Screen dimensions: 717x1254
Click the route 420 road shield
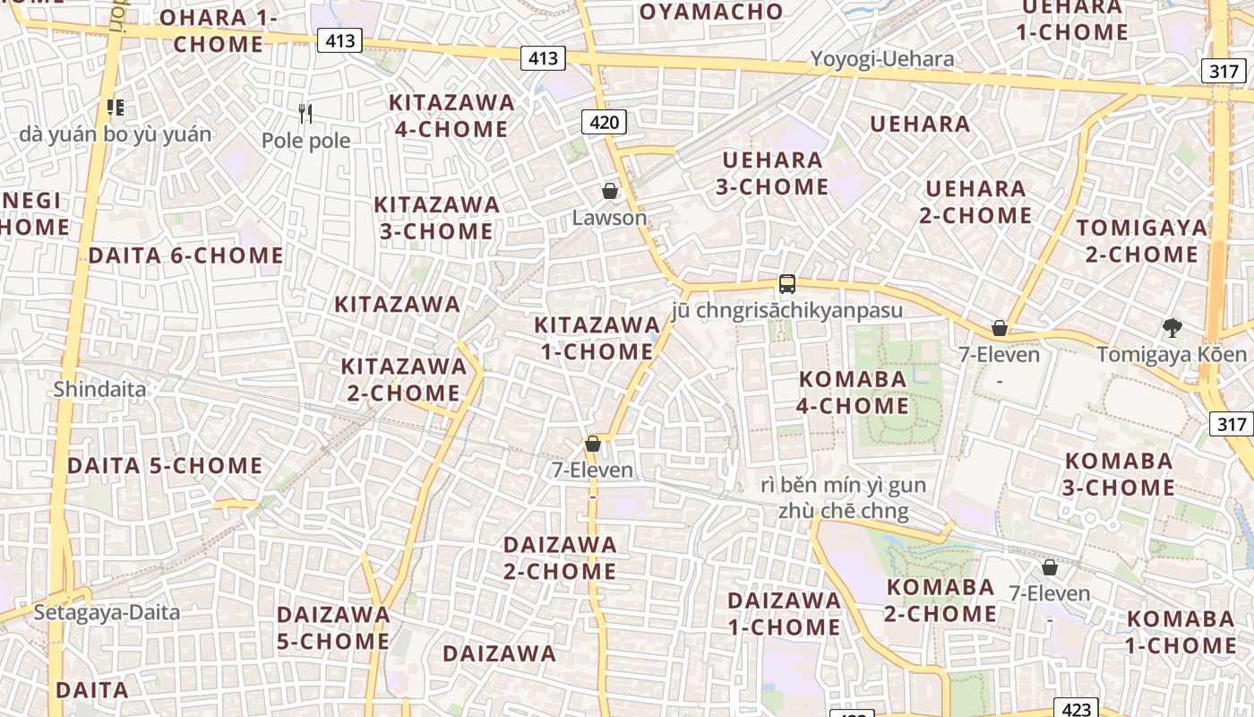[605, 121]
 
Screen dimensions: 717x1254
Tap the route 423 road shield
[1076, 709]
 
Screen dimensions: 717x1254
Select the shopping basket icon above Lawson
[610, 191]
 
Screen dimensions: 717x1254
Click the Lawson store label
[609, 218]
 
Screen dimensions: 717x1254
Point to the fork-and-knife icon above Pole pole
[306, 114]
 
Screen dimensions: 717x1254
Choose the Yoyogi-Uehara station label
[881, 59]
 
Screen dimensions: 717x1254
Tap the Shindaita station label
[99, 389]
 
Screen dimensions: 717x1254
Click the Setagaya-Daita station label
[107, 612]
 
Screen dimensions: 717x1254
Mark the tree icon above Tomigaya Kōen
[1172, 328]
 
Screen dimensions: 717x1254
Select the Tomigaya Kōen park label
[1172, 354]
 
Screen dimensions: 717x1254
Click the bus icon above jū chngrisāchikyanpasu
[787, 284]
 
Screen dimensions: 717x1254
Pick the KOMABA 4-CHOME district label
[853, 393]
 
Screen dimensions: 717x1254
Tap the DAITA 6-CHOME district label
[185, 255]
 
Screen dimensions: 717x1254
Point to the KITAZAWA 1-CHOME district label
[597, 338]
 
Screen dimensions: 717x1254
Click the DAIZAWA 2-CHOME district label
[560, 557]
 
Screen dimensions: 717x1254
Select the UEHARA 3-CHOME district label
[772, 174]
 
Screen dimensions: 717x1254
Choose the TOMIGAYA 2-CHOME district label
[1141, 241]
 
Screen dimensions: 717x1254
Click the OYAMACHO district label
[711, 12]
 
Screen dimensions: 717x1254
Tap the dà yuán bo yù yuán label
[116, 134]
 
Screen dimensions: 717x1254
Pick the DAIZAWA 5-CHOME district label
[333, 628]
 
